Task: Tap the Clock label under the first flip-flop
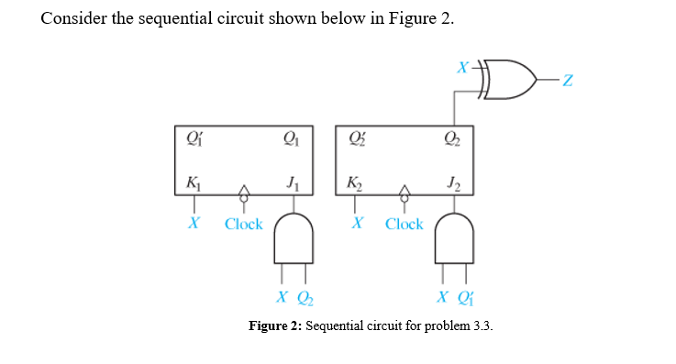pos(244,224)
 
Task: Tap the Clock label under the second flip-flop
pos(404,224)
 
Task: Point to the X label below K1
pos(194,223)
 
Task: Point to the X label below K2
pos(356,223)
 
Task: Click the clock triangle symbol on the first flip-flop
pos(243,192)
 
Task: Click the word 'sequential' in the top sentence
pos(175,20)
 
